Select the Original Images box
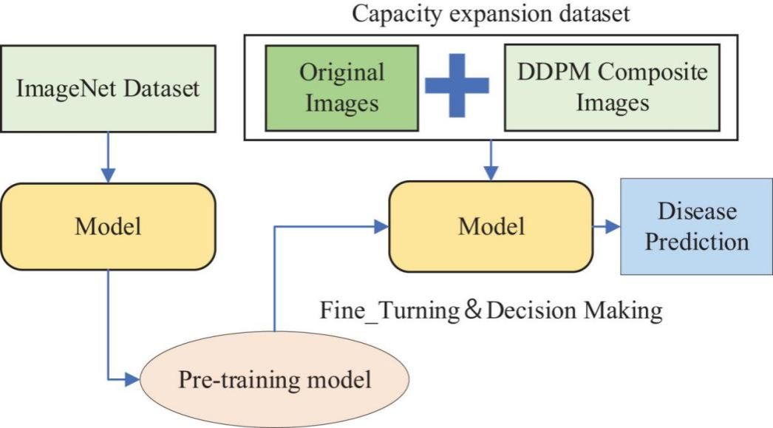point(341,87)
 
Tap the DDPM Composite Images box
point(612,87)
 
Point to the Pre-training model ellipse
point(274,381)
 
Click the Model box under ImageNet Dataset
point(108,225)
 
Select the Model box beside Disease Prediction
point(491,225)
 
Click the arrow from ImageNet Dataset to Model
point(108,158)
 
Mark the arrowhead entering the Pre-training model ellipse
point(133,381)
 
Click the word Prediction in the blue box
point(697,241)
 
